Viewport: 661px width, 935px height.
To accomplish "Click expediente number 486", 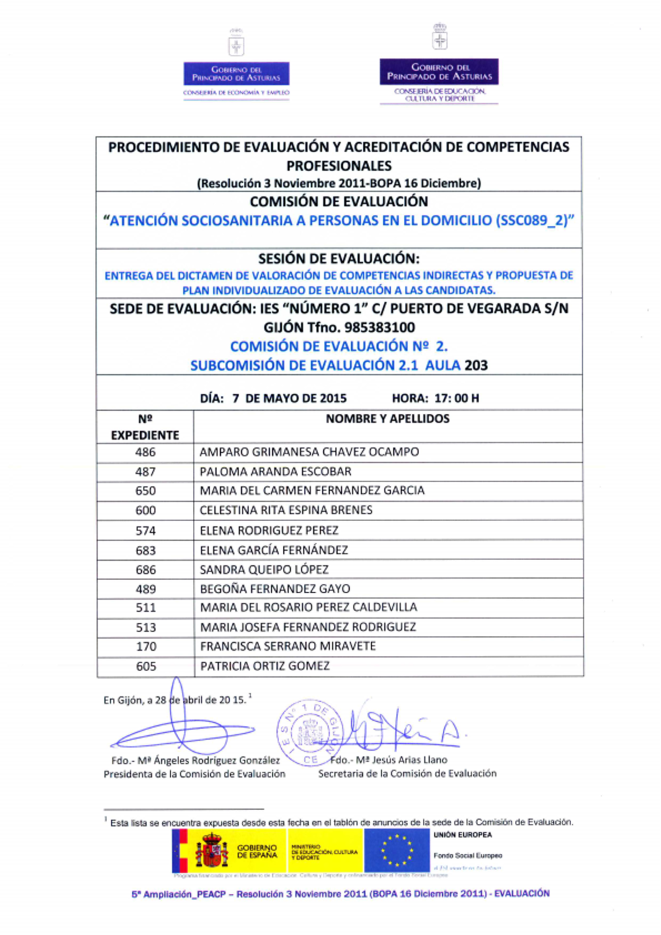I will tap(145, 452).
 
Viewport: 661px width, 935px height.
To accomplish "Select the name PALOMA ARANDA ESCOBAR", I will tap(276, 471).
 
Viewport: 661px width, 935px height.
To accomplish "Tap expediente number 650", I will tap(145, 491).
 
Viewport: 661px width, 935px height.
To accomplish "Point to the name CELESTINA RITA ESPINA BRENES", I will tap(286, 510).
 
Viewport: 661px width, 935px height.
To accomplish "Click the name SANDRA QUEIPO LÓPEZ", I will tap(264, 569).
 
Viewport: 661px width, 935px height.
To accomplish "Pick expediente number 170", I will tap(146, 647).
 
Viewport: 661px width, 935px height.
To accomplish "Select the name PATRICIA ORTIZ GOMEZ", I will tap(264, 666).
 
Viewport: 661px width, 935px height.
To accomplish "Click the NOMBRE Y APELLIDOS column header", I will tap(387, 419).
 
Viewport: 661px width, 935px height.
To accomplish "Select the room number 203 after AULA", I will tap(476, 365).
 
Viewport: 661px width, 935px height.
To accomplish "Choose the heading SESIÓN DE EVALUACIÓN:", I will tap(338, 259).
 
